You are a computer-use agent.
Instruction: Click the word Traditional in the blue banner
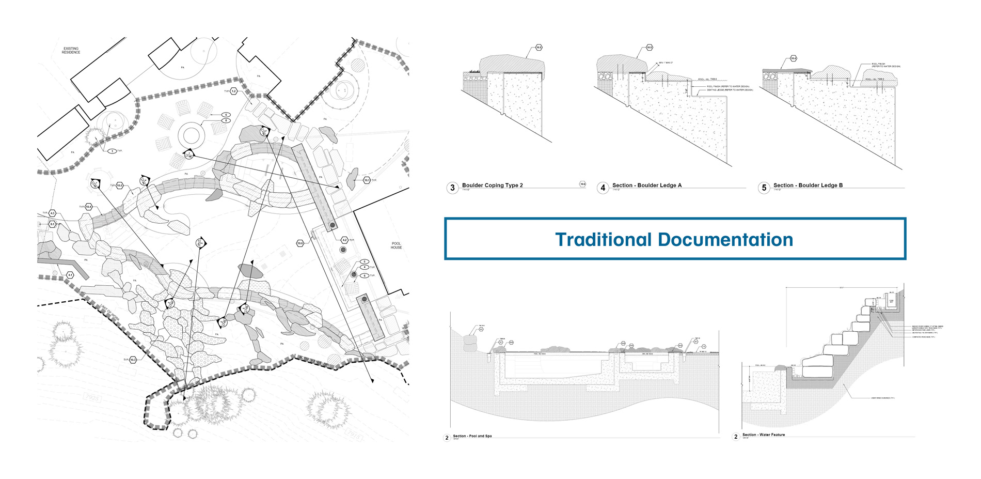(603, 240)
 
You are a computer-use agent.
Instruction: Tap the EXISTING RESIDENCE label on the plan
(71, 50)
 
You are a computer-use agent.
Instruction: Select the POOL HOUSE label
(396, 245)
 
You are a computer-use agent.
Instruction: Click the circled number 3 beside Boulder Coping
(452, 188)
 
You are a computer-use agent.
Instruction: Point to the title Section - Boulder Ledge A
(646, 185)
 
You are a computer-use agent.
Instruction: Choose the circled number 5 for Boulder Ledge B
(764, 188)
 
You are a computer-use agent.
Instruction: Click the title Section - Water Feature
(763, 435)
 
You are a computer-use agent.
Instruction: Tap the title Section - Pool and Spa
(472, 436)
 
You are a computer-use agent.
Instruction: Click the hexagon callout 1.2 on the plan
(233, 91)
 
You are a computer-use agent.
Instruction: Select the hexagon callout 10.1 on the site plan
(367, 180)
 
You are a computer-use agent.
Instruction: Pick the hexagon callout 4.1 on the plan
(70, 275)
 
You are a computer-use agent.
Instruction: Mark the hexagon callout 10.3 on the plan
(133, 360)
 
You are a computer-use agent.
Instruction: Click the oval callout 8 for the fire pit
(226, 120)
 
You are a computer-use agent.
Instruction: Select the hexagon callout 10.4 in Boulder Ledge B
(793, 58)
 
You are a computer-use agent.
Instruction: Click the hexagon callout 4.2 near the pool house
(344, 240)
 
